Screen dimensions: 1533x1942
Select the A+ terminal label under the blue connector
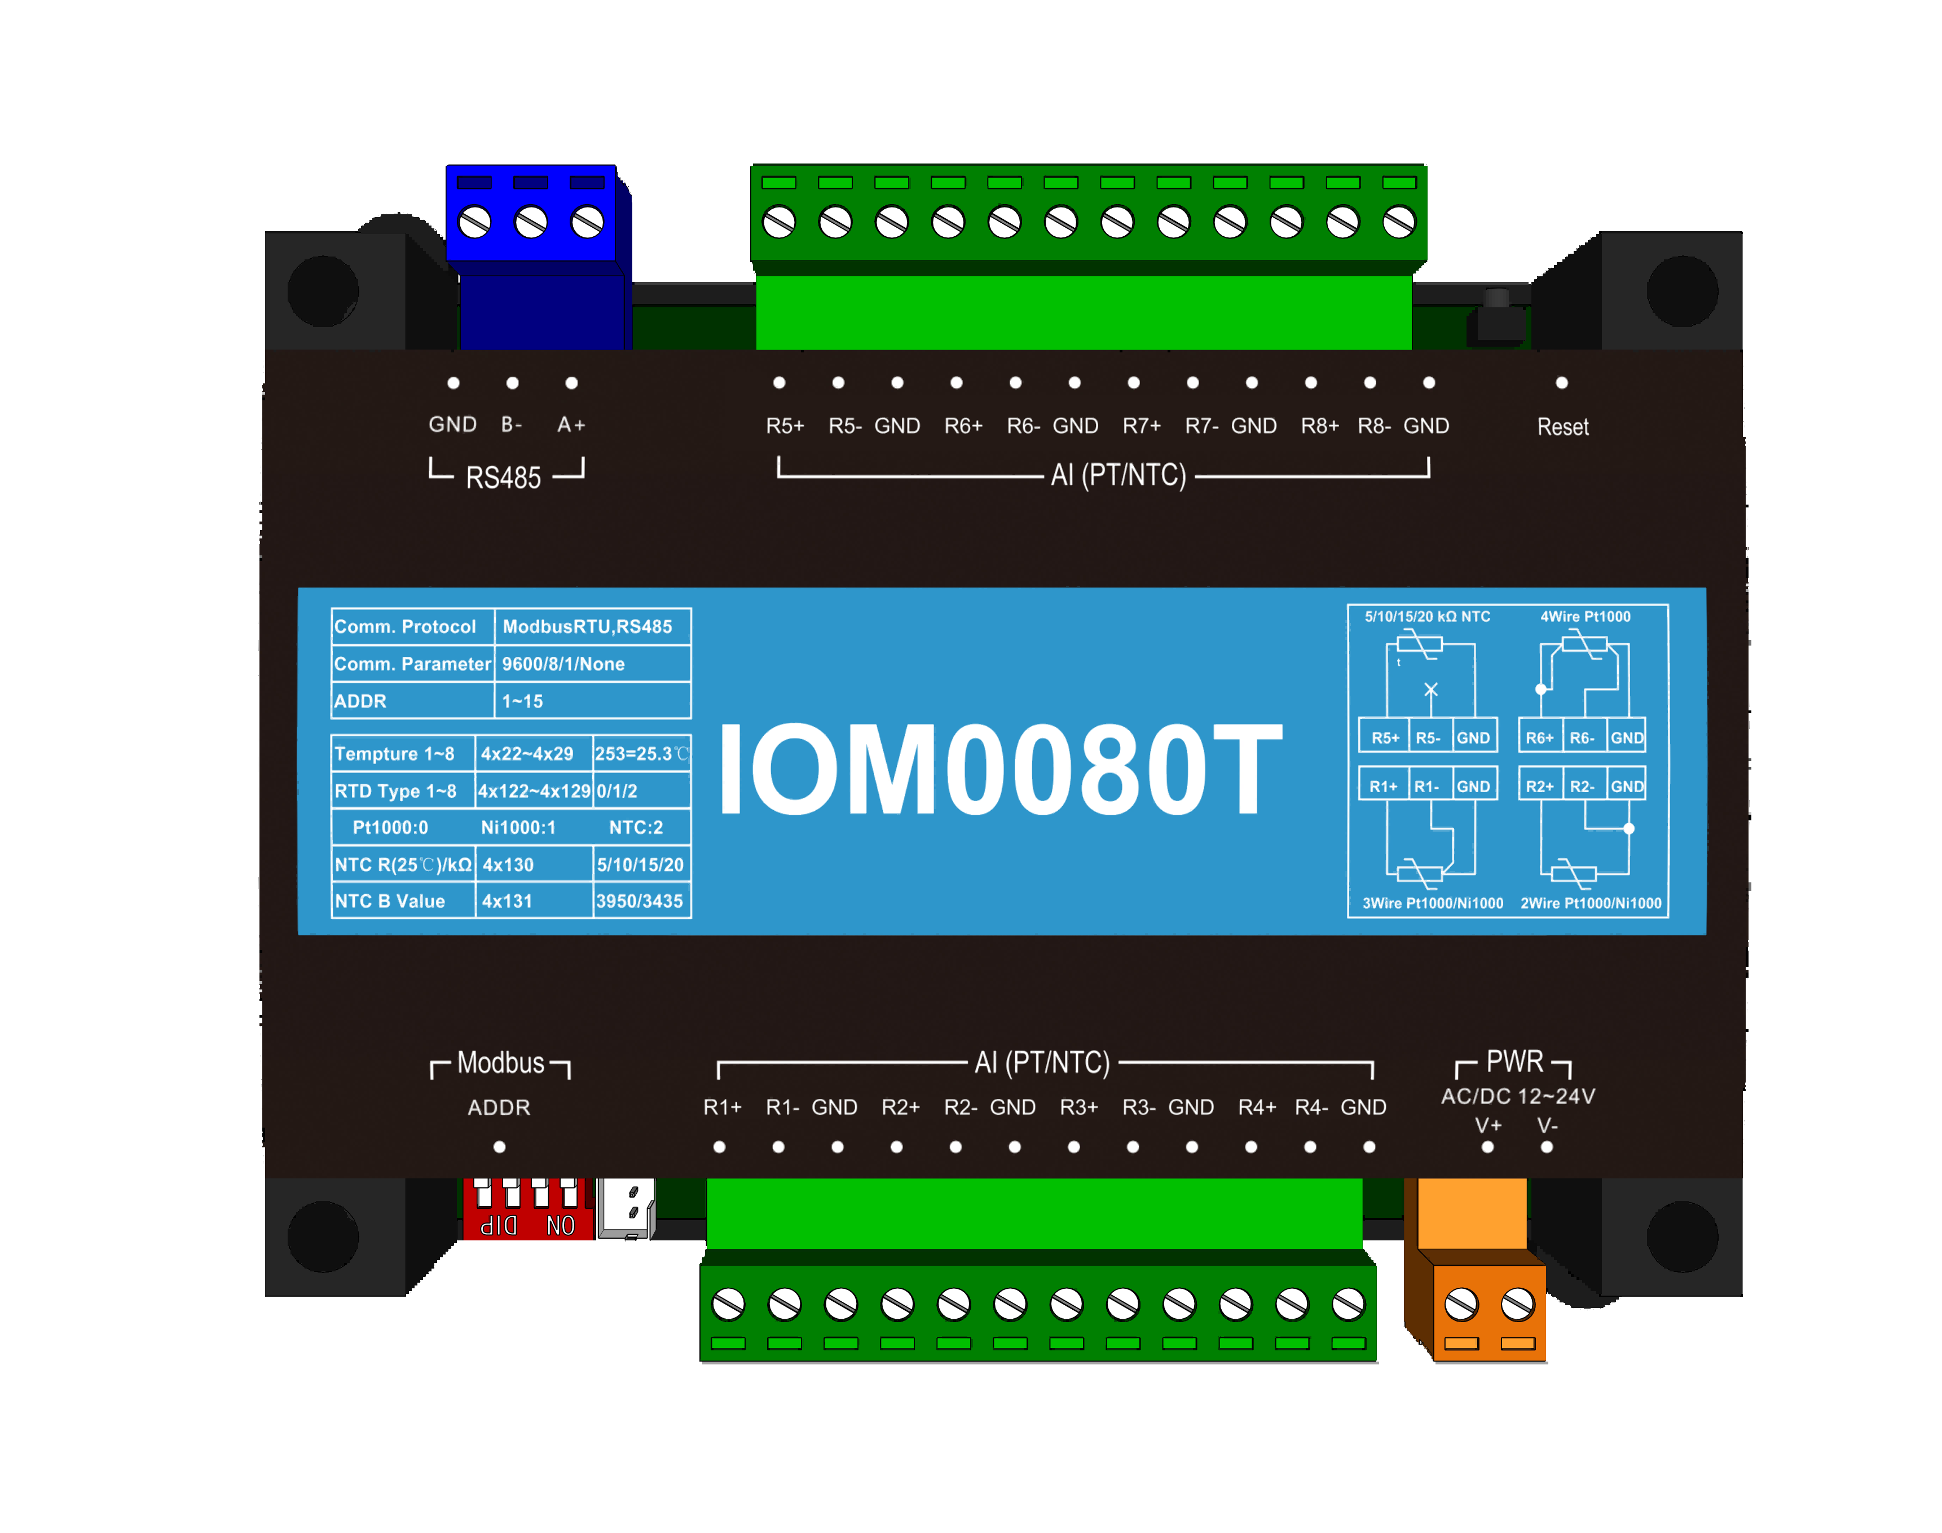click(x=571, y=425)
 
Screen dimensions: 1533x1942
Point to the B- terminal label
click(x=512, y=425)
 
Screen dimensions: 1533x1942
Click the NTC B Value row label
click(x=390, y=901)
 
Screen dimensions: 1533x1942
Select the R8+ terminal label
click(x=1319, y=426)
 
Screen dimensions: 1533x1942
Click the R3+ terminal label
click(x=1078, y=1107)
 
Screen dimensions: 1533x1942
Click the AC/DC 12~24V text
click(x=1517, y=1096)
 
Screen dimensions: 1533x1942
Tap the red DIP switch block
click(x=527, y=1210)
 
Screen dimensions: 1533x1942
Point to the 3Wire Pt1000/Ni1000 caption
click(x=1432, y=903)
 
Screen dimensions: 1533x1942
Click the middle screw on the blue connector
click(x=531, y=222)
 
